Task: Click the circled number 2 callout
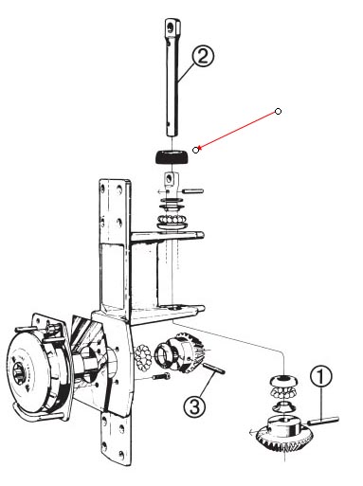(203, 56)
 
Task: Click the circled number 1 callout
(320, 376)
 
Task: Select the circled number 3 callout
(194, 405)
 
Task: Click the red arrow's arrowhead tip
(198, 149)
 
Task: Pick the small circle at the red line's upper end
(278, 111)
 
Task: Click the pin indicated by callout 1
(323, 421)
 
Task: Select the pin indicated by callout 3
(213, 369)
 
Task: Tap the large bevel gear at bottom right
(284, 437)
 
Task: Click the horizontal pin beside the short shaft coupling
(192, 190)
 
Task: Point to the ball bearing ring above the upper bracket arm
(172, 219)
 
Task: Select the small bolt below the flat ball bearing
(161, 376)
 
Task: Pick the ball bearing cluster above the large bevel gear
(283, 392)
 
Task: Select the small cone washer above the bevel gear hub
(282, 406)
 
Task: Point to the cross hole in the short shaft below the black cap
(171, 179)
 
